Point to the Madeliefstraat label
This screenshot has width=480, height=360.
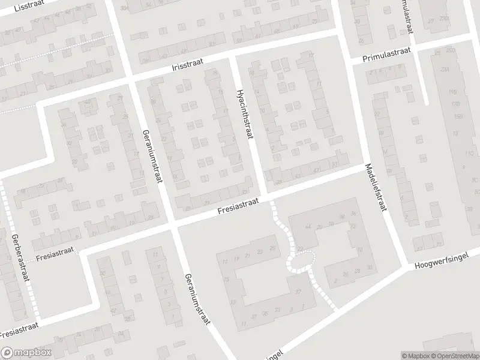click(x=373, y=188)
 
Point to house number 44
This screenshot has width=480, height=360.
click(x=308, y=226)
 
